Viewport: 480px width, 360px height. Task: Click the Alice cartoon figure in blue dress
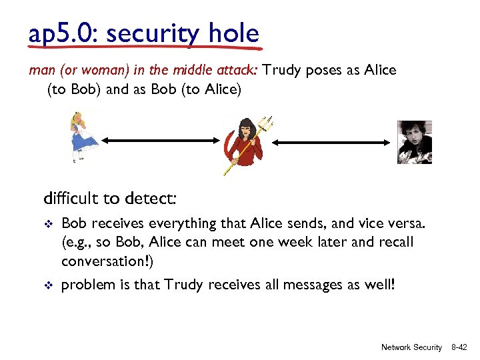84,137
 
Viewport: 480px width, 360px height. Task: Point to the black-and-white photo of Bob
414,142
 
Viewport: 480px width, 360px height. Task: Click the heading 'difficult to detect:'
109,198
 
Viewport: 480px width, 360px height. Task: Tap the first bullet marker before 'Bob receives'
47,224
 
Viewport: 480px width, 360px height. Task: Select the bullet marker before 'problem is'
47,287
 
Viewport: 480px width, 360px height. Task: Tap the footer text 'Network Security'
411,347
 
